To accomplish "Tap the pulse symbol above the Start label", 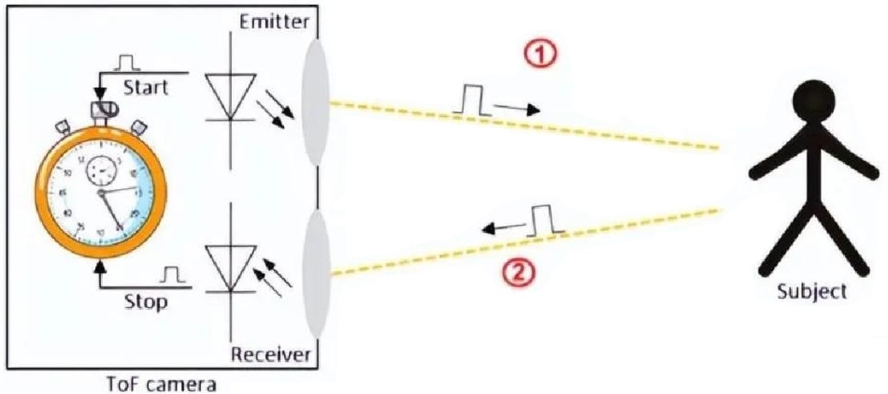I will point(126,64).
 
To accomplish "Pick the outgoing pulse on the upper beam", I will point(471,100).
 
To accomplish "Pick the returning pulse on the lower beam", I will point(543,219).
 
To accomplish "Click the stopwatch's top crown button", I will point(100,111).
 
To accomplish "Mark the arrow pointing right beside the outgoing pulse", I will point(517,108).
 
